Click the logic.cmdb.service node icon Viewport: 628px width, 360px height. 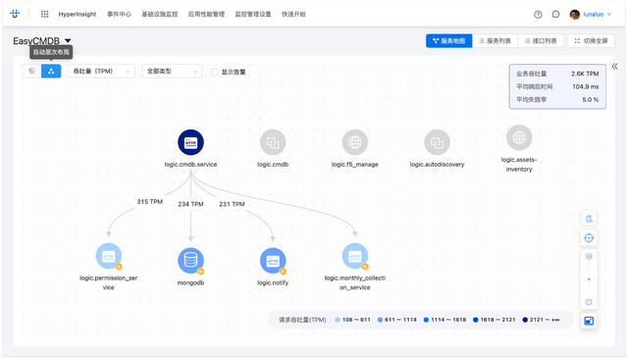pyautogui.click(x=190, y=142)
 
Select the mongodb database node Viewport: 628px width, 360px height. pyautogui.click(x=190, y=260)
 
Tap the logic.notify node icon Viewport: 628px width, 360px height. pyautogui.click(x=273, y=260)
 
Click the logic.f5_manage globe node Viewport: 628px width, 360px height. pyautogui.click(x=354, y=142)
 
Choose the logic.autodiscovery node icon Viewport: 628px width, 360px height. pyautogui.click(x=437, y=142)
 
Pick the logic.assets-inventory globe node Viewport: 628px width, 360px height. pyautogui.click(x=519, y=137)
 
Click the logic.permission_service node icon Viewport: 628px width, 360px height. pyautogui.click(x=109, y=256)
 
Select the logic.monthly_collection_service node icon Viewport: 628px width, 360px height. pyautogui.click(x=354, y=256)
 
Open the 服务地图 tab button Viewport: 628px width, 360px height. pyautogui.click(x=447, y=41)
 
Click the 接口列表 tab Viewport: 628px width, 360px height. pyautogui.click(x=542, y=41)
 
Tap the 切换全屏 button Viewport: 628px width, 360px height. pyautogui.click(x=593, y=41)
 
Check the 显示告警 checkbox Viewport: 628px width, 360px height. pyautogui.click(x=215, y=72)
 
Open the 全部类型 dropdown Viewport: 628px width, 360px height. pyautogui.click(x=171, y=72)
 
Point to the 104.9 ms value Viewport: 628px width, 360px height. pyautogui.click(x=585, y=86)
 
